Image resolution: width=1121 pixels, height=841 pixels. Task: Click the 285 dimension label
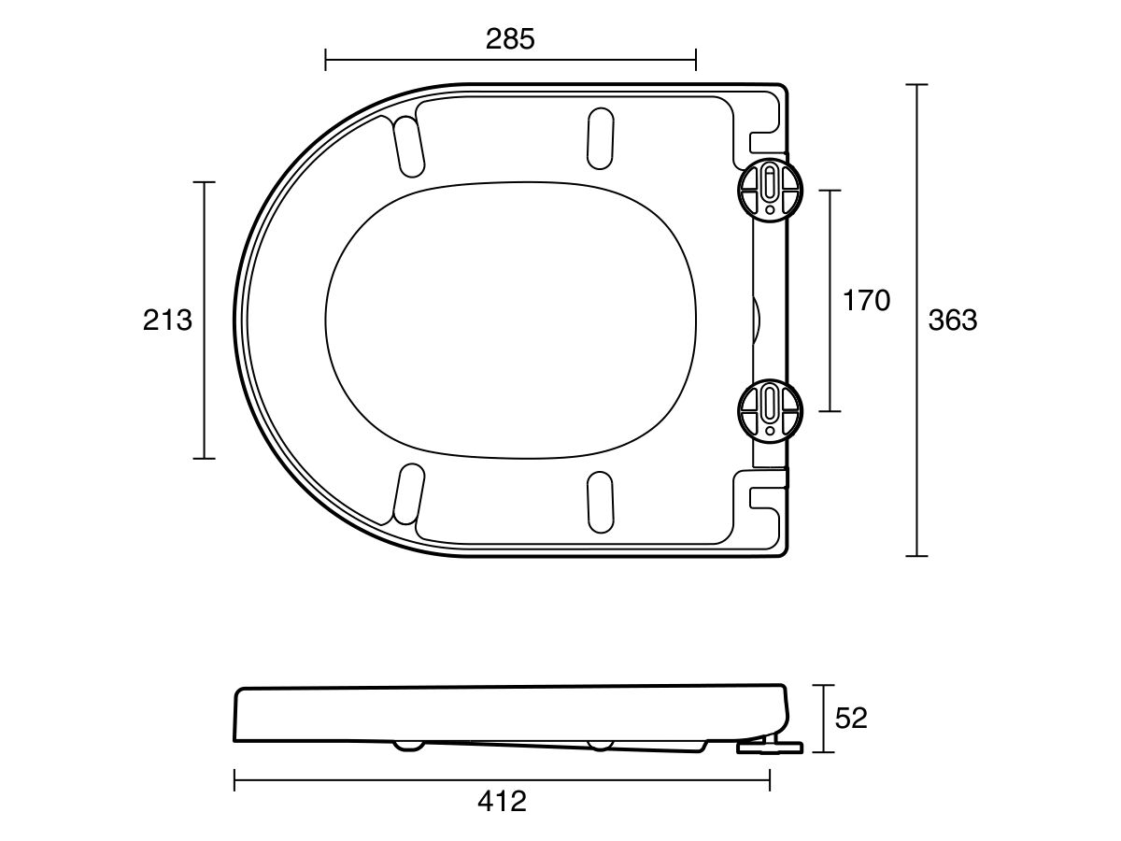[510, 39]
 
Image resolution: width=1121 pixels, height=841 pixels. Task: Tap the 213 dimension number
[167, 321]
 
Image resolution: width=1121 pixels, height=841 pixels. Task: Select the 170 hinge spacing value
[866, 301]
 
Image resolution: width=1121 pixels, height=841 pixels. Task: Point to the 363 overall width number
[952, 321]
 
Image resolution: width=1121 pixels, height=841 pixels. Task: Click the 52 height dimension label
[851, 718]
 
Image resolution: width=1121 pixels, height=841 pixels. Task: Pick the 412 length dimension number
[502, 801]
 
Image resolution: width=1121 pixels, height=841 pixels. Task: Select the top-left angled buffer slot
[408, 146]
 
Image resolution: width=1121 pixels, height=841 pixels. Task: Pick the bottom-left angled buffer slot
[408, 495]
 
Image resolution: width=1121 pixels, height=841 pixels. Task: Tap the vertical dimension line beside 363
[916, 321]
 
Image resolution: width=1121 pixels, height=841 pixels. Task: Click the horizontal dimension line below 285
[510, 62]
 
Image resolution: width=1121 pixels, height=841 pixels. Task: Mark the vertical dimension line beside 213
[205, 321]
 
